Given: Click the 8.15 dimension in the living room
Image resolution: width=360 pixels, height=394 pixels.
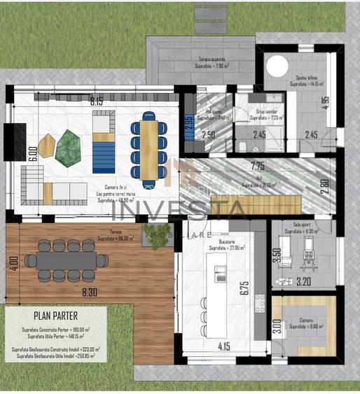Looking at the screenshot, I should pyautogui.click(x=96, y=101).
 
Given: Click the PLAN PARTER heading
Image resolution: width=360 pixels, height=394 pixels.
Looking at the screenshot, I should pyautogui.click(x=55, y=316).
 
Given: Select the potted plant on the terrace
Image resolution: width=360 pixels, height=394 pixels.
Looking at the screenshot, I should pyautogui.click(x=155, y=232).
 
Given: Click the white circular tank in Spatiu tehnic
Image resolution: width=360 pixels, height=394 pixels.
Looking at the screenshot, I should pyautogui.click(x=277, y=66).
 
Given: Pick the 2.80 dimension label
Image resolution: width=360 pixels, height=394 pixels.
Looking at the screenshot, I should pyautogui.click(x=324, y=187).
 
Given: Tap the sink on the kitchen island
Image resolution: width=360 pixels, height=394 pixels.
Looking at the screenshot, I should pyautogui.click(x=220, y=272).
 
